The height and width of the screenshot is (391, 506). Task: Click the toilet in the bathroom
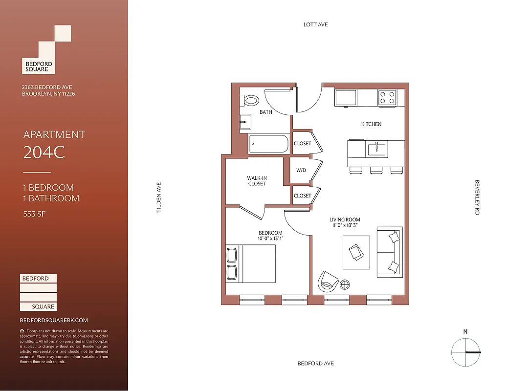(x=251, y=101)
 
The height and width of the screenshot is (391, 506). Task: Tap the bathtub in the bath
(x=268, y=144)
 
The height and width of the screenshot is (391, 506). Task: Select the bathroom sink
(x=245, y=122)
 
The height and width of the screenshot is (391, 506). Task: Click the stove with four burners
(x=387, y=98)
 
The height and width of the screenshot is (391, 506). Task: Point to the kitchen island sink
(x=377, y=148)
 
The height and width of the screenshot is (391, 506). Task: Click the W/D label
(x=302, y=171)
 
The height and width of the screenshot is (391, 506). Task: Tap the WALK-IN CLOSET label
(x=257, y=181)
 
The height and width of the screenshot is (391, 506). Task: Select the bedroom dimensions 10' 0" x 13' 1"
(x=270, y=239)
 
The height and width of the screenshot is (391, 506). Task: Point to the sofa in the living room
(x=390, y=252)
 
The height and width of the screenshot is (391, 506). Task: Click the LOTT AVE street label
(x=315, y=24)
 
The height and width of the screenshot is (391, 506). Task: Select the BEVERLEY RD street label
(x=477, y=197)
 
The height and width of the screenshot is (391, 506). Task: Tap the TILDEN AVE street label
(x=158, y=197)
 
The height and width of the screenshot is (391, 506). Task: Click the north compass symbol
(x=465, y=352)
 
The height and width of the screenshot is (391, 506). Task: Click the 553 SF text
(x=34, y=214)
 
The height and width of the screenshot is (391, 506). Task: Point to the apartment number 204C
(x=44, y=153)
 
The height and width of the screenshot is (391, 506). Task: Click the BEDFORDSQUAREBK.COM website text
(x=54, y=320)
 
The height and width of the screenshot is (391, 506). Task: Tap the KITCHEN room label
(x=371, y=124)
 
